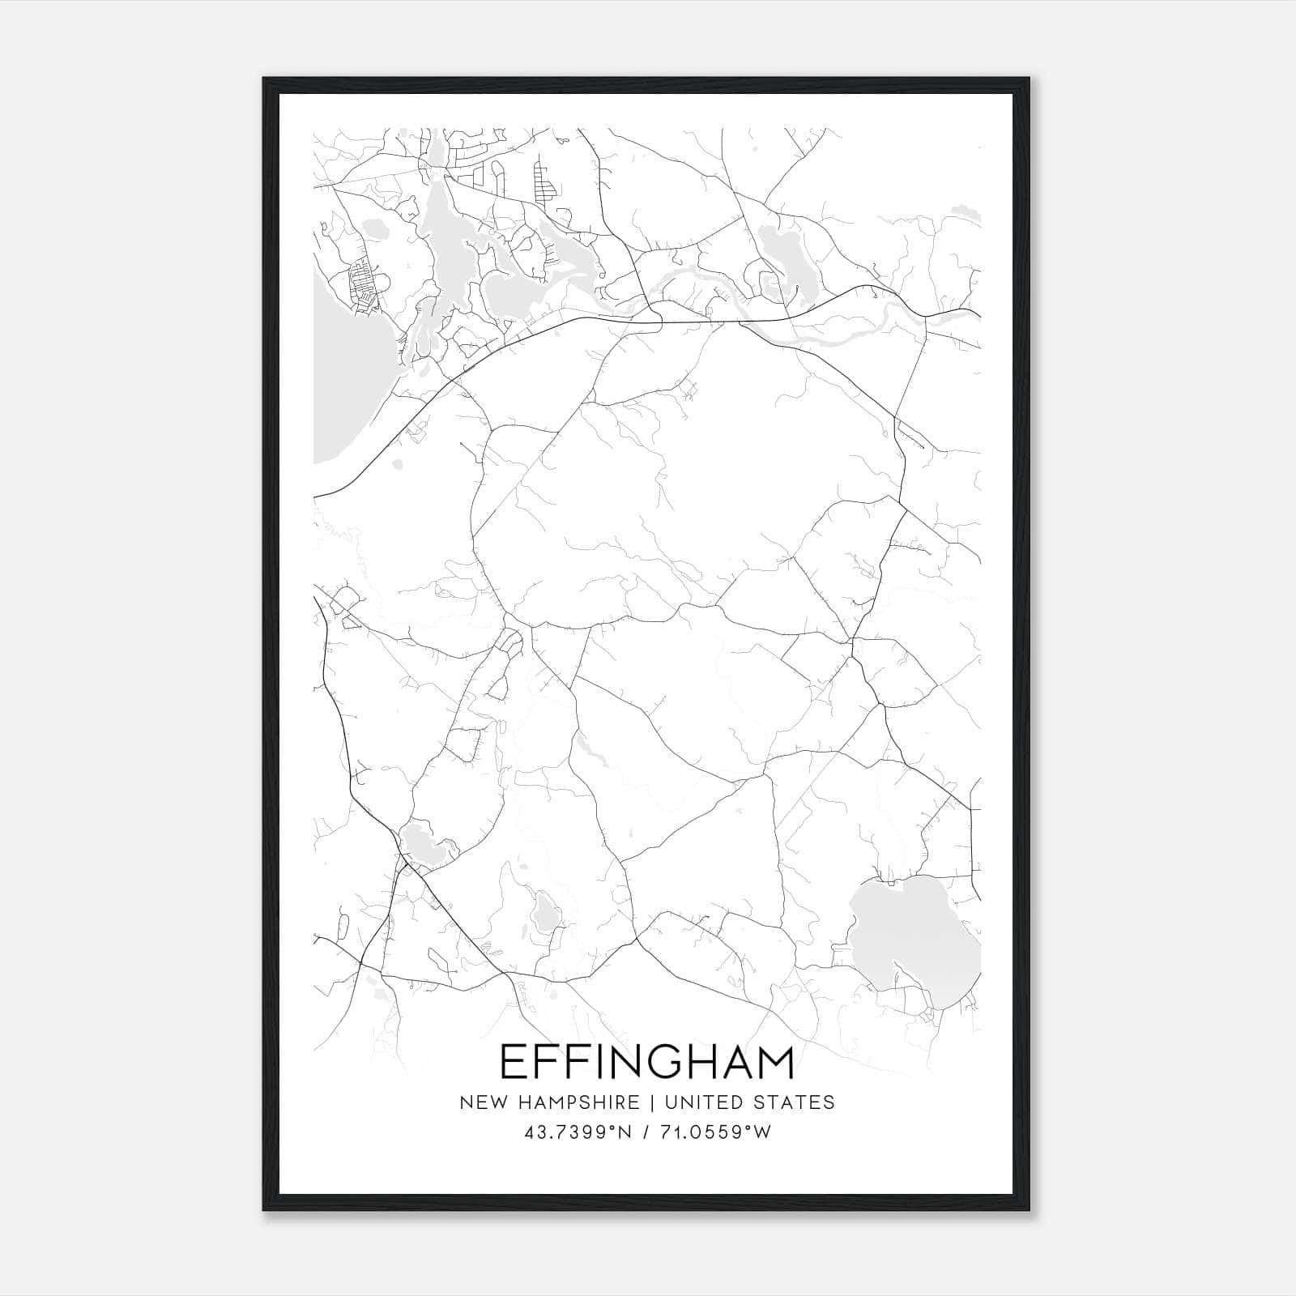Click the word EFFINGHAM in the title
[x=647, y=1062]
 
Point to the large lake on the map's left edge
[x=340, y=389]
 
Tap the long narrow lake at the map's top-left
[x=441, y=235]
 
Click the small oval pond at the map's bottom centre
[x=544, y=913]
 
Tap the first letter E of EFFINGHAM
[x=513, y=1062]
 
